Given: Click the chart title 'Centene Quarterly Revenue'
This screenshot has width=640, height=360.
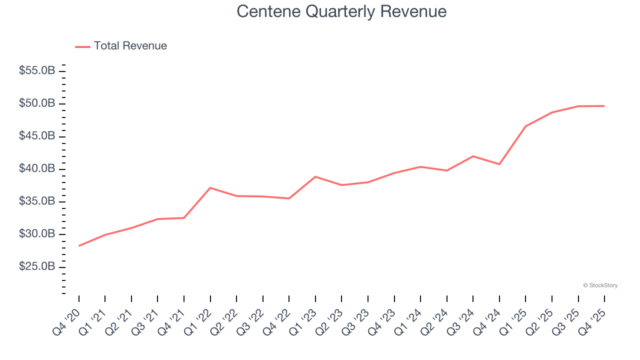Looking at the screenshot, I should click(x=341, y=11).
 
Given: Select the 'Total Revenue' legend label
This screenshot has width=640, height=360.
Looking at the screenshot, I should click(x=130, y=46).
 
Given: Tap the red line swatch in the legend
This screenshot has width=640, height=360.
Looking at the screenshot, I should click(x=82, y=46).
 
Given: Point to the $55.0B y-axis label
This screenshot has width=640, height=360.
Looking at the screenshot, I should click(x=37, y=71).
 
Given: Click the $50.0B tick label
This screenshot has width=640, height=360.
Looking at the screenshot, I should click(x=37, y=103).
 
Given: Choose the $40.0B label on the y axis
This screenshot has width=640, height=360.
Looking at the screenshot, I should click(x=37, y=169).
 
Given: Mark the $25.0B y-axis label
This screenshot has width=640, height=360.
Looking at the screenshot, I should click(x=37, y=267).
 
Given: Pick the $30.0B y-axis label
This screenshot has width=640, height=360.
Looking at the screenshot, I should click(x=37, y=234).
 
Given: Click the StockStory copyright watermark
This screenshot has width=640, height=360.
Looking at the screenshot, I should click(x=600, y=285).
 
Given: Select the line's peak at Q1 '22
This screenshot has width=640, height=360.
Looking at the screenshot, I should click(x=210, y=187).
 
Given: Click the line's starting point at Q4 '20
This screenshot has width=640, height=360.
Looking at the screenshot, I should click(x=79, y=245).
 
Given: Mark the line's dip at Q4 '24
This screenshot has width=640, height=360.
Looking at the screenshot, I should click(x=499, y=164).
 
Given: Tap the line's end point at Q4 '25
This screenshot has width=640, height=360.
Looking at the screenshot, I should click(x=604, y=106).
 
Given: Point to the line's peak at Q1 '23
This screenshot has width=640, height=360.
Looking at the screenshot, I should click(x=315, y=176).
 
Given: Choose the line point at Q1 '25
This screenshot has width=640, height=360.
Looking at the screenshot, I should click(x=525, y=126).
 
